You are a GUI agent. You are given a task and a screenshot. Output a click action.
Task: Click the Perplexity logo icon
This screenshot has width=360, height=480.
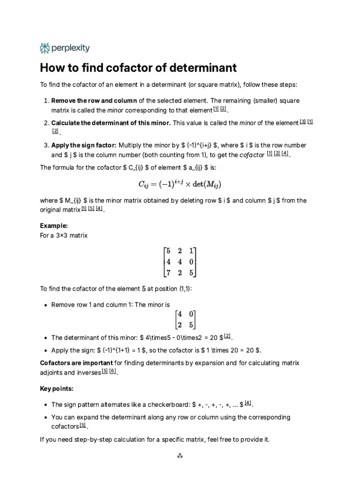[45, 48]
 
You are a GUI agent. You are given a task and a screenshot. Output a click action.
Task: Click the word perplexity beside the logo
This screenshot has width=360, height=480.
[70, 48]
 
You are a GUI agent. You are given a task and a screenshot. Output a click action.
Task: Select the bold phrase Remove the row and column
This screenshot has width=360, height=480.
[94, 101]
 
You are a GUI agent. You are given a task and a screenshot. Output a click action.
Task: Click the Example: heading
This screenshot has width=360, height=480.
[54, 226]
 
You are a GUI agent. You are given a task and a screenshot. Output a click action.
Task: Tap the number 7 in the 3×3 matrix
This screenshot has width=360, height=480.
[168, 272]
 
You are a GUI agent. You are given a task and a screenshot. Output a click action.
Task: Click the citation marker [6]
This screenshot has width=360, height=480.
[112, 372]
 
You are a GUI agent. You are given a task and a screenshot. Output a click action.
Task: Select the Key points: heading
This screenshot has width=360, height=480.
[57, 389]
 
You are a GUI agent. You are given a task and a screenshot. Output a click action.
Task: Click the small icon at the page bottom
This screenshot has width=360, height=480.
[180, 455]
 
